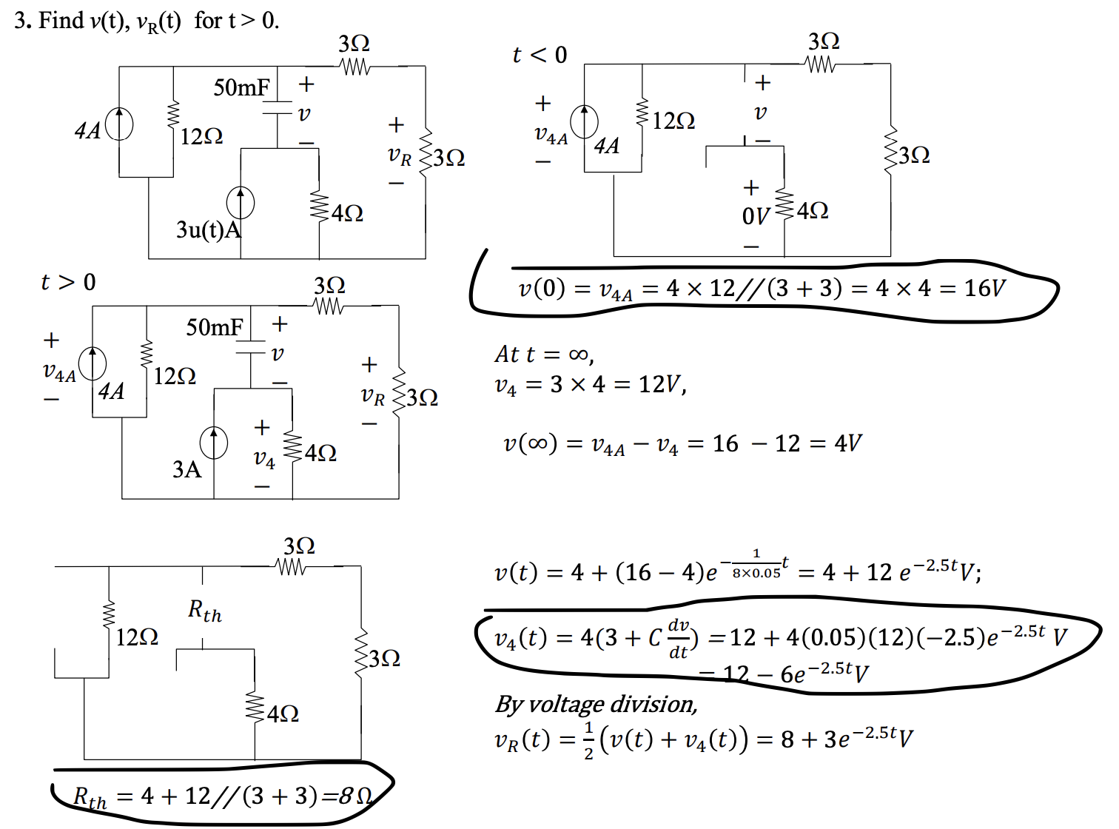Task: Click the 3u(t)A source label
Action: pyautogui.click(x=209, y=229)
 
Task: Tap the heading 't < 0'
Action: pyautogui.click(x=540, y=55)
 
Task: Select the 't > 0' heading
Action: pyautogui.click(x=68, y=282)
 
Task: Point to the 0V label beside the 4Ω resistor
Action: pyautogui.click(x=756, y=216)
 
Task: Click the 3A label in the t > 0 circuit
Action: pyautogui.click(x=186, y=469)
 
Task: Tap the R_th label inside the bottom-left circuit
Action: pyautogui.click(x=204, y=611)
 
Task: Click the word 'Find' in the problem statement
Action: pyautogui.click(x=61, y=20)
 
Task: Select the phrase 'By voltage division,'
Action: pyautogui.click(x=597, y=704)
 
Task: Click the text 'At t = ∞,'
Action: pyautogui.click(x=544, y=355)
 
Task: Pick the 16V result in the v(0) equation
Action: pyautogui.click(x=984, y=288)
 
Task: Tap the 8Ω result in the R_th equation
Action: pyautogui.click(x=355, y=796)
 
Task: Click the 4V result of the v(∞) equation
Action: pyautogui.click(x=848, y=443)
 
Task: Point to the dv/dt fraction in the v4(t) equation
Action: pyautogui.click(x=679, y=639)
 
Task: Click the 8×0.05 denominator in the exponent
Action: pyautogui.click(x=756, y=573)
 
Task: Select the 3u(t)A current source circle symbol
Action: pyautogui.click(x=241, y=203)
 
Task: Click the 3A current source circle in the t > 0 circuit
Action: pyautogui.click(x=214, y=443)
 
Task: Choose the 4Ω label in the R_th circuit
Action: pyautogui.click(x=283, y=714)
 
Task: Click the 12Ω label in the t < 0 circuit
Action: pyautogui.click(x=673, y=121)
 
